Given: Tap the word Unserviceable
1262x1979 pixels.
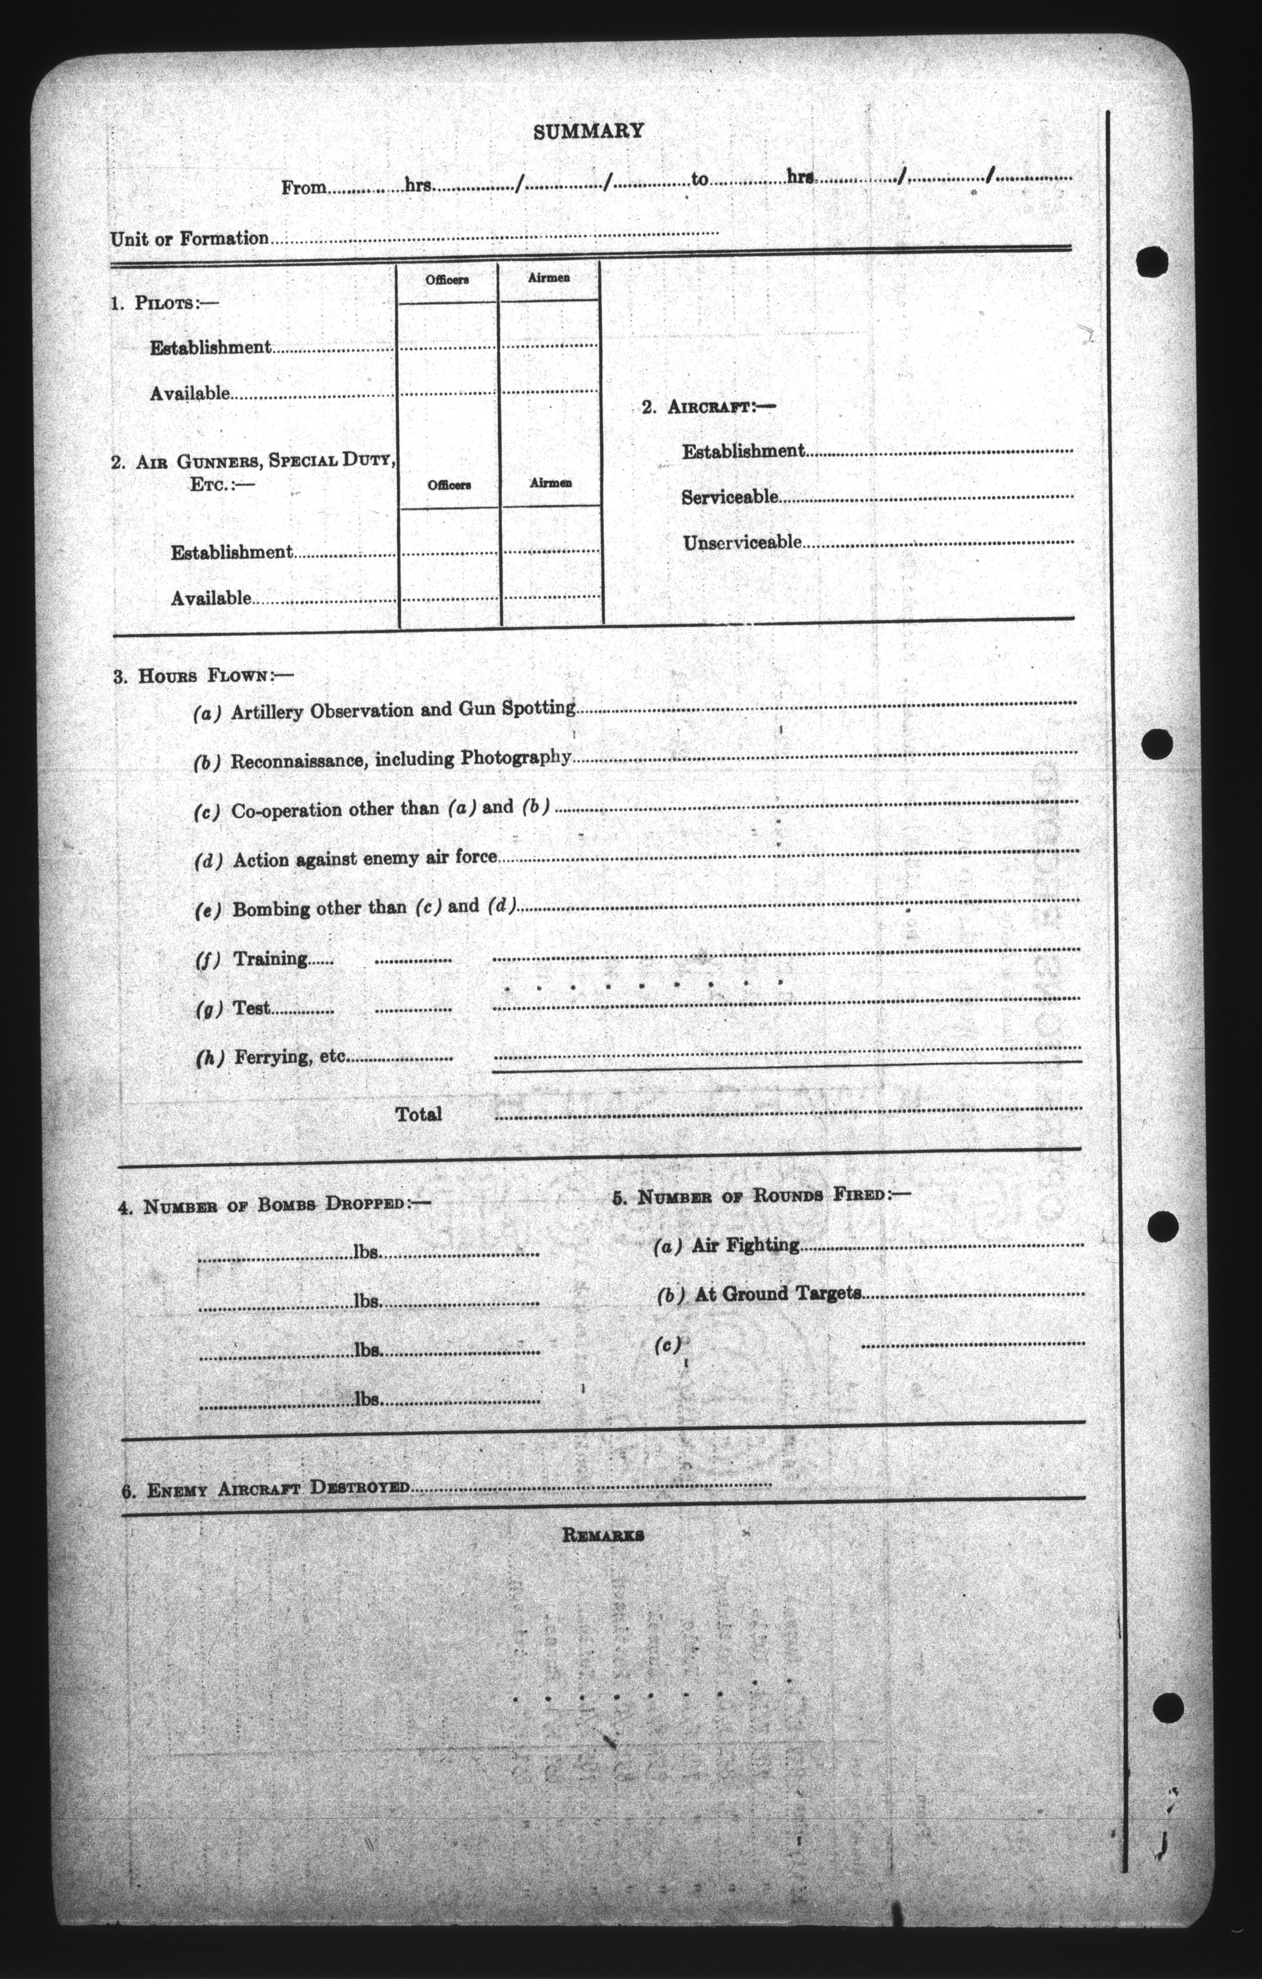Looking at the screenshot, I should coord(742,543).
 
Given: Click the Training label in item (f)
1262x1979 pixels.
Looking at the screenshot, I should coord(271,958).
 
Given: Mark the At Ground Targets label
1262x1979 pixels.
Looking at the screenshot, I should coord(778,1294).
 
